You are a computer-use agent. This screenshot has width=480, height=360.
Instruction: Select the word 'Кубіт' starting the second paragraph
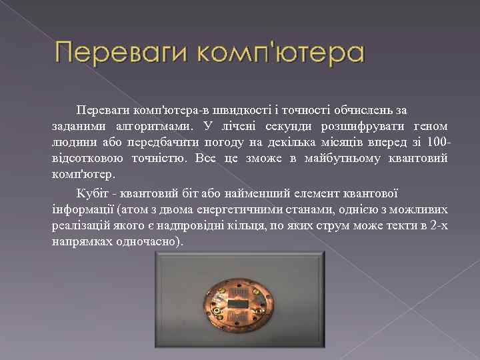point(91,193)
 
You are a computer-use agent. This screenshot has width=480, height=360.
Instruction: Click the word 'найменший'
point(261,193)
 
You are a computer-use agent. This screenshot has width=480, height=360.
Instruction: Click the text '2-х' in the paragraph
point(439,226)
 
